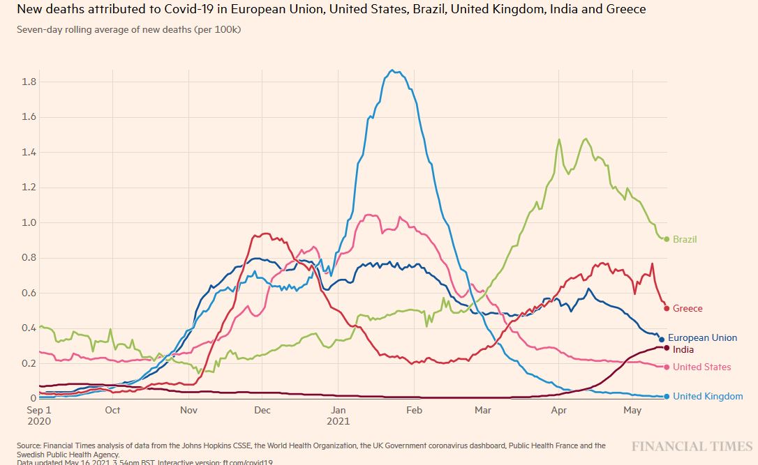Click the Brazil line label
[685, 239]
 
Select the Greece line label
[688, 308]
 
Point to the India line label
[683, 349]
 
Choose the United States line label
[702, 367]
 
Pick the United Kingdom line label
[708, 396]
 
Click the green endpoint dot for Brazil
[667, 239]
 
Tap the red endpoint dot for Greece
[667, 308]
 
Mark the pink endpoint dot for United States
[667, 367]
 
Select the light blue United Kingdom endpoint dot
[667, 397]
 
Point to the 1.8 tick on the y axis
[29, 82]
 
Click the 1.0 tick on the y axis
[29, 222]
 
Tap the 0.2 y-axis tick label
[29, 363]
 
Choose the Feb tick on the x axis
[414, 410]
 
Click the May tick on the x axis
[632, 410]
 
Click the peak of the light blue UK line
[394, 70]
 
